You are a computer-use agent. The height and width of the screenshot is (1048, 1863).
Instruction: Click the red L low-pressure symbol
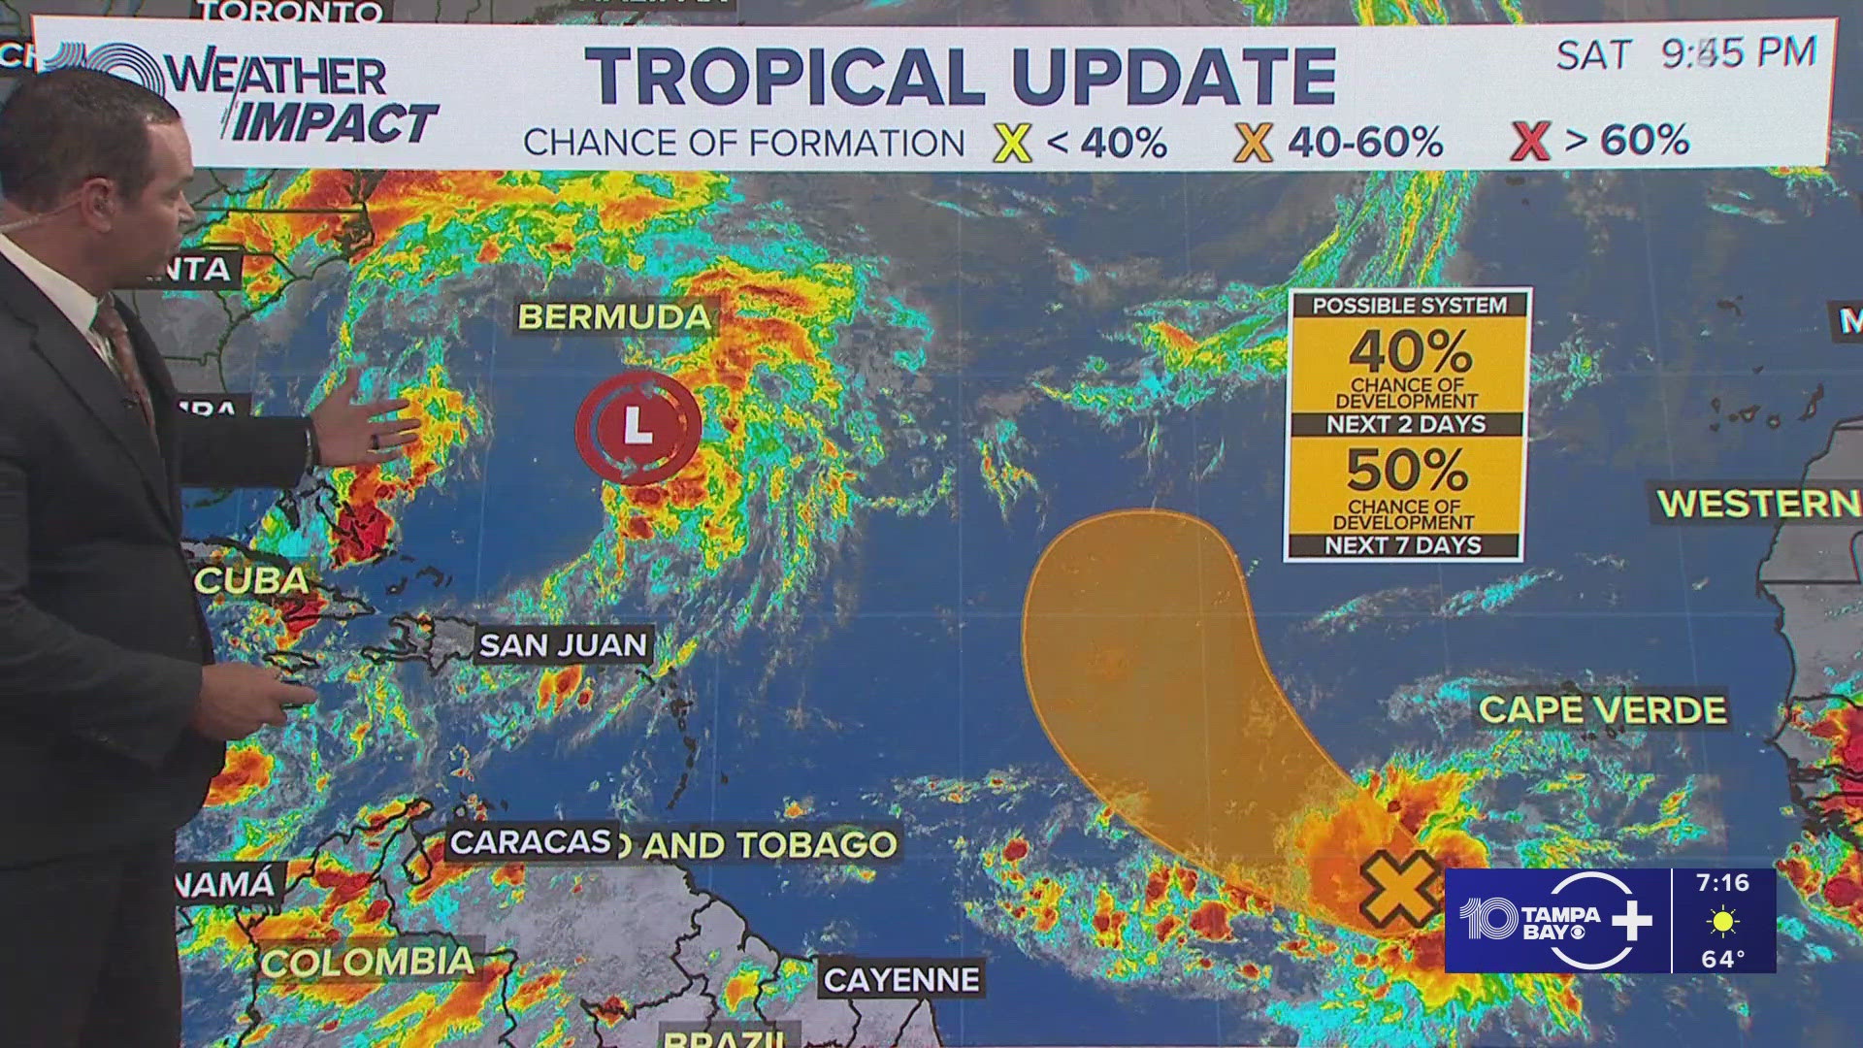637,426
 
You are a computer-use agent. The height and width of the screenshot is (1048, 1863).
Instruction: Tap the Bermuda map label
615,316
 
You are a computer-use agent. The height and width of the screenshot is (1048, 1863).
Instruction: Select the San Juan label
563,645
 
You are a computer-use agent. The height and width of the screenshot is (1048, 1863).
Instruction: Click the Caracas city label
531,842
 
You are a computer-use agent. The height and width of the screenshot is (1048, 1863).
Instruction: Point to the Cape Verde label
1602,709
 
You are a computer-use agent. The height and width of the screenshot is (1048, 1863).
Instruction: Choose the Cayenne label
901,980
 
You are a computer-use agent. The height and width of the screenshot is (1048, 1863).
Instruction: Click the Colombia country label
368,962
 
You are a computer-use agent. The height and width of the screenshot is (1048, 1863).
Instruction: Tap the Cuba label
251,580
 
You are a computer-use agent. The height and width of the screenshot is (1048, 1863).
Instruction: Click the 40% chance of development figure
1409,351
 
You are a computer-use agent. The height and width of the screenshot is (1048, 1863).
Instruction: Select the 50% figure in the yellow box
1407,471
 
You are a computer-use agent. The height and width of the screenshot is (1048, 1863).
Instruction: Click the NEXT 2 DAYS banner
1406,424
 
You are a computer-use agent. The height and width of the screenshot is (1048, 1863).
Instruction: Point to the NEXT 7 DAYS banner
1403,545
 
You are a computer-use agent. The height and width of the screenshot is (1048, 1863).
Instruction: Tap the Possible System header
1409,305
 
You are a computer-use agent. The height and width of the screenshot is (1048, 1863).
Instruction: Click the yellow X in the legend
1011,144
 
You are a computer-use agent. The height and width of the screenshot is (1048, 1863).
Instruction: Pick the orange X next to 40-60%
1253,144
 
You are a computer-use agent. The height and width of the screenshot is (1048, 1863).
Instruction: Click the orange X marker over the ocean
1397,887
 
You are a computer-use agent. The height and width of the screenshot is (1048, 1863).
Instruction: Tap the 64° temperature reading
1723,959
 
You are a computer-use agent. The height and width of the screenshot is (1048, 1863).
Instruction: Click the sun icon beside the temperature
1723,921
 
